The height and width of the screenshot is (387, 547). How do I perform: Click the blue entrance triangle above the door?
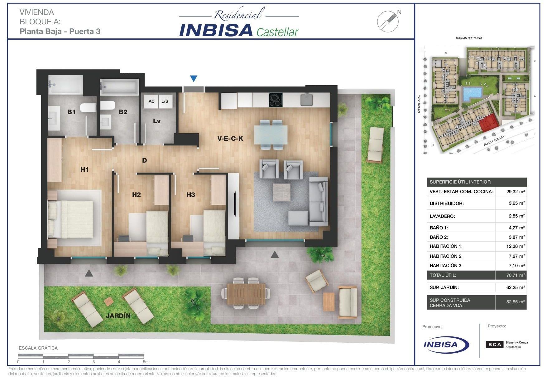pos(194,79)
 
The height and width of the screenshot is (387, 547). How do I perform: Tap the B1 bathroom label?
pos(71,112)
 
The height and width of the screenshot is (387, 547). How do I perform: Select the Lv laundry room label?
pos(157,121)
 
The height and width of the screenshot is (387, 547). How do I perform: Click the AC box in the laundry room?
pos(151,101)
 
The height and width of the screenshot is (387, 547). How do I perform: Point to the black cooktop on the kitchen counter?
pos(276,100)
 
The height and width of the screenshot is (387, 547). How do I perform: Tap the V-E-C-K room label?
pos(230,139)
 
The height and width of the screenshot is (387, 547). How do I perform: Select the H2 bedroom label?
pos(137,195)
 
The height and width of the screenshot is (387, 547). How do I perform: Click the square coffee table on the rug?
pos(281,192)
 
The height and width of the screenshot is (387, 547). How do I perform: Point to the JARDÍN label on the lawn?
pos(118,316)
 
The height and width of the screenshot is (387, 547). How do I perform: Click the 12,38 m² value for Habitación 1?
pos(516,246)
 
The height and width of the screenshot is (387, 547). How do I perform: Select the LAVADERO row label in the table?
pos(442,216)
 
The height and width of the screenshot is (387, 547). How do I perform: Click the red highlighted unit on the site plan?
pos(489,123)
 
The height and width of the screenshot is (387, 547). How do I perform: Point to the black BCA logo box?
pos(495,345)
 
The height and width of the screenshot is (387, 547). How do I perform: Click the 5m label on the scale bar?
pos(146,362)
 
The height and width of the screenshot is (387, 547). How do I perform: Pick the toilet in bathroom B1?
pos(88,108)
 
